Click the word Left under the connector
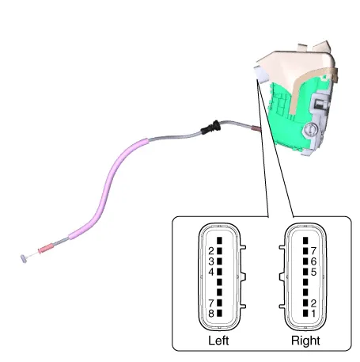(218, 341)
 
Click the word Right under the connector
(305, 341)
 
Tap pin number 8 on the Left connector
(219, 313)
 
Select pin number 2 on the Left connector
(219, 251)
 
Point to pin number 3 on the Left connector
(219, 261)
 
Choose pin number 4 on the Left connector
(219, 272)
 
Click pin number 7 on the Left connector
(219, 303)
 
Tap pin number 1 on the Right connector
(305, 313)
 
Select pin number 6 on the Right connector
(305, 261)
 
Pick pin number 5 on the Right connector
(305, 272)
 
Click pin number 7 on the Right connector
(305, 251)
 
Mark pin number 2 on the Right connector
(305, 303)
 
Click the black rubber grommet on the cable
(210, 127)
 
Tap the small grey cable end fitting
(24, 259)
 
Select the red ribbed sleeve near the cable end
(46, 249)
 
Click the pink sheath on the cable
(106, 189)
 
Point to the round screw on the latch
(311, 130)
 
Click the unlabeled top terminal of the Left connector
(219, 241)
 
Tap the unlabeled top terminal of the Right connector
(305, 241)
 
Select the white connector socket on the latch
(261, 74)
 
